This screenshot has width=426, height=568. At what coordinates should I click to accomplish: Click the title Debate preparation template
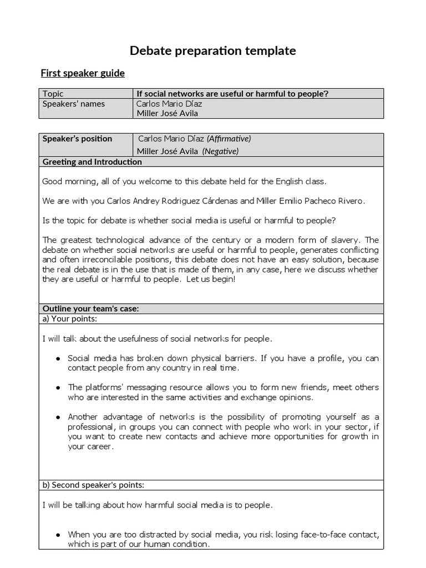click(x=212, y=51)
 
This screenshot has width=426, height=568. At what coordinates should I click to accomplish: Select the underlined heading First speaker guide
click(x=83, y=73)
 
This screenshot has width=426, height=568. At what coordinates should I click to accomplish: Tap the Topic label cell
click(x=53, y=94)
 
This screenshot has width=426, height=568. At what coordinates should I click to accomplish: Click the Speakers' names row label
click(x=74, y=104)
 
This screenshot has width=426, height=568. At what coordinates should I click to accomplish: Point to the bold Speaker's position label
click(x=77, y=139)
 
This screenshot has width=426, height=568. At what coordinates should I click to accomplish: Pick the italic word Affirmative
click(x=229, y=139)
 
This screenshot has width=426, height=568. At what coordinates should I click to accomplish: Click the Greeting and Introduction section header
click(x=92, y=162)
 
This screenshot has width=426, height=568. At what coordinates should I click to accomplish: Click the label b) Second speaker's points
click(x=93, y=485)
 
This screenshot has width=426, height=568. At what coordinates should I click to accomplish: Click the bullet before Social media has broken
click(x=58, y=359)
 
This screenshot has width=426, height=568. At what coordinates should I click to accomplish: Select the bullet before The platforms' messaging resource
click(x=58, y=388)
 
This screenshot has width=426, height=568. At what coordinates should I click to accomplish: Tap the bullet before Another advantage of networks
click(x=58, y=417)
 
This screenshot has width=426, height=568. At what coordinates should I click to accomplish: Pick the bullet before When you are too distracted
click(x=58, y=535)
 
